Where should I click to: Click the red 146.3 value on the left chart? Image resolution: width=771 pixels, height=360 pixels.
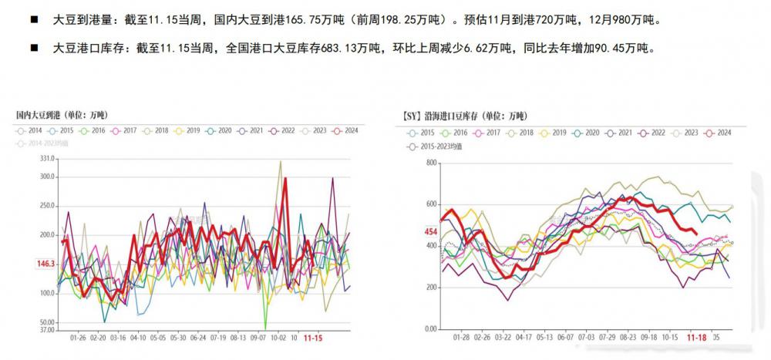[x=45, y=264]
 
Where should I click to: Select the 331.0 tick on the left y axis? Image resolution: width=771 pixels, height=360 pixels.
[x=46, y=159]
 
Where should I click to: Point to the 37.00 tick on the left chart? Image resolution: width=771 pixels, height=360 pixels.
[x=46, y=330]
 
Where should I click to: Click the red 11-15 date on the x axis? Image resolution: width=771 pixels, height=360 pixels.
[x=313, y=338]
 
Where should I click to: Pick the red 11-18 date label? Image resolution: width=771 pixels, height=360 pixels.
[x=696, y=338]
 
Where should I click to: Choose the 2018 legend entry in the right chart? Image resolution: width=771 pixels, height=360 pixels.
[x=521, y=133]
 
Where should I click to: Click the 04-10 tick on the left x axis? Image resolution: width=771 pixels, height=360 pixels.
[x=138, y=338]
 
